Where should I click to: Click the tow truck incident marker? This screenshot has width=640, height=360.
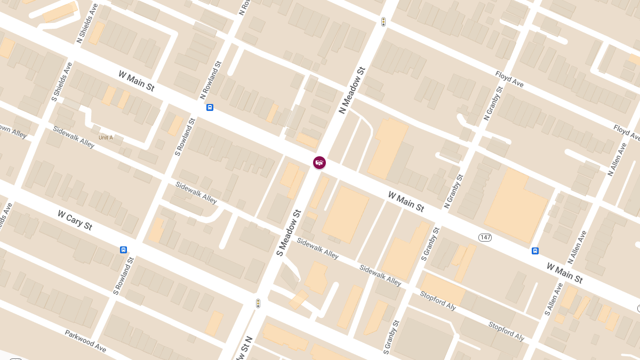(319, 163)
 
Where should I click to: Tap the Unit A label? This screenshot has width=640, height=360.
(106, 138)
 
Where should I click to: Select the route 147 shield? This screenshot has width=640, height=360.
(485, 237)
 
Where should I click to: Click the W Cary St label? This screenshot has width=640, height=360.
(75, 220)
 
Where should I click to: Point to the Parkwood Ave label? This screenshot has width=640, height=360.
(86, 341)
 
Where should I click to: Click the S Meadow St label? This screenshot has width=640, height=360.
(289, 233)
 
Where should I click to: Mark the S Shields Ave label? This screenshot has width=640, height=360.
(62, 82)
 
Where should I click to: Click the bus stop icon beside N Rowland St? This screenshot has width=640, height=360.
(210, 107)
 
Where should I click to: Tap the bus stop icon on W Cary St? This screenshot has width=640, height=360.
(123, 250)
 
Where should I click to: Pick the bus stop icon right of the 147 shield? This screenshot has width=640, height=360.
(535, 251)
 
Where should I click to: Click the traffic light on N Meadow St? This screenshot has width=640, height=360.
(383, 22)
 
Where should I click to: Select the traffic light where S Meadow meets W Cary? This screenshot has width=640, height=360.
(258, 303)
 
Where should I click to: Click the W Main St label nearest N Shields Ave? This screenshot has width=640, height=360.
(137, 81)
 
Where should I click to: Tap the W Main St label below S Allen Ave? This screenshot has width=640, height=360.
(564, 273)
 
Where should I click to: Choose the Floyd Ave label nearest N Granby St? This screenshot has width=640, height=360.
(509, 79)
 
